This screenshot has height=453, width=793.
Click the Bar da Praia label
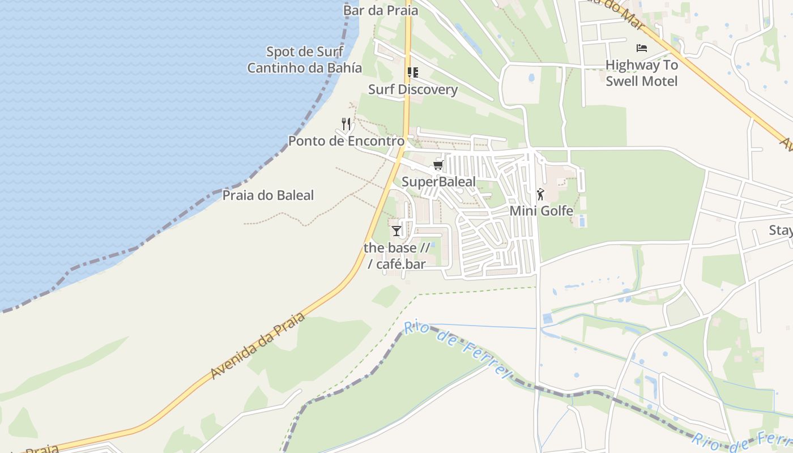[381, 10]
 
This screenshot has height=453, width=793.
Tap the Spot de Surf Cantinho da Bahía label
[305, 60]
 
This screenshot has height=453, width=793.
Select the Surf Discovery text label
[413, 89]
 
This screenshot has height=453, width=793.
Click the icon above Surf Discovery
[413, 72]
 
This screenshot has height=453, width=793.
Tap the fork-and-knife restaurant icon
[346, 123]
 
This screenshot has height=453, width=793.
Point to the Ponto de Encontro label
[346, 141]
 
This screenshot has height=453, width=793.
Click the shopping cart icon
[438, 165]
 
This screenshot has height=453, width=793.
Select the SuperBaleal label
[438, 182]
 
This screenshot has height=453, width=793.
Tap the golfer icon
[541, 194]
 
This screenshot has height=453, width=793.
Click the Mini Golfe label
[542, 211]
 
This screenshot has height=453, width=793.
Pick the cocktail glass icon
[396, 231]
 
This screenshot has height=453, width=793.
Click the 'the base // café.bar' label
[396, 255]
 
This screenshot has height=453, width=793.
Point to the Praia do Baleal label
[268, 196]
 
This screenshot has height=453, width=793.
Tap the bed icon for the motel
[642, 48]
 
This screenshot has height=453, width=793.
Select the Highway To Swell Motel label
[642, 73]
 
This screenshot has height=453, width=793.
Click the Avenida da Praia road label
[258, 346]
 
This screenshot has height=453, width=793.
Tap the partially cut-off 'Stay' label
[781, 230]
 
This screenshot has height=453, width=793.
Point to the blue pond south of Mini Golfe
[547, 318]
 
